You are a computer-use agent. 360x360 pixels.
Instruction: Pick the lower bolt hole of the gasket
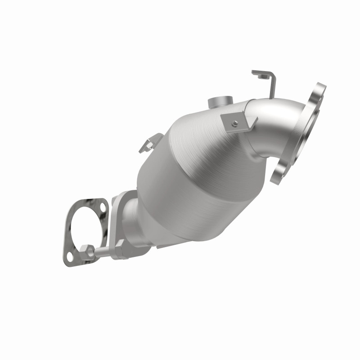[x=70, y=256]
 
